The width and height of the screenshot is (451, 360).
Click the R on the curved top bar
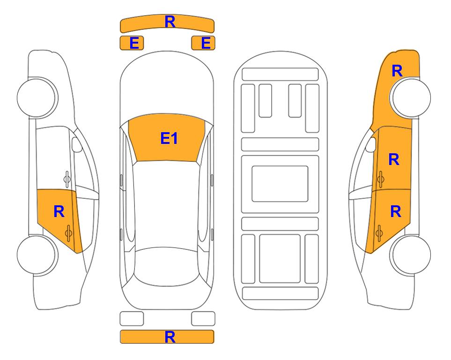170,22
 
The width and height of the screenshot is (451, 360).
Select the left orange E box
132,43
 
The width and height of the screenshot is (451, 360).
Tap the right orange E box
203,43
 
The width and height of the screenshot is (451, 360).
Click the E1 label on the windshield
169,138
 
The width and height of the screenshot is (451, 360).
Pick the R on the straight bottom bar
170,337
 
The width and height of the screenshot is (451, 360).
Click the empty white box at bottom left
132,319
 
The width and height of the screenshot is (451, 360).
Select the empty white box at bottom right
203,319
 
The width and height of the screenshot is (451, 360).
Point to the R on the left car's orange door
59,212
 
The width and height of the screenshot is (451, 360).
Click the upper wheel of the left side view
37,97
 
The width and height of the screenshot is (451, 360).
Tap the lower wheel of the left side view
37,255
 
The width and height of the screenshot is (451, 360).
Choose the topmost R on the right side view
397,71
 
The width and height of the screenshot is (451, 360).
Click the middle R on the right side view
394,159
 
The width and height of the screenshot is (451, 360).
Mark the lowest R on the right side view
395,212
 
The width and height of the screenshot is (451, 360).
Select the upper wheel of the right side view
410,97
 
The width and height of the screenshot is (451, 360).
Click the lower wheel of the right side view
410,255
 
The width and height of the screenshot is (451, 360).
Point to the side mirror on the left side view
77,145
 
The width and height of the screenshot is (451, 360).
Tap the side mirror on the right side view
371,145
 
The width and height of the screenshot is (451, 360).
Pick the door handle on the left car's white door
67,179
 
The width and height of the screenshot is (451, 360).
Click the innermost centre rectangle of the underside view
280,184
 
